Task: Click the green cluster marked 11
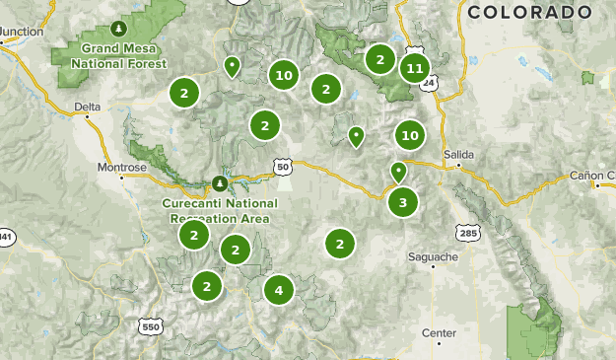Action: click(414, 68)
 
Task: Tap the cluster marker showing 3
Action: click(402, 203)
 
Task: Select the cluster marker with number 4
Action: click(279, 290)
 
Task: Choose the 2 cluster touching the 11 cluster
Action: click(379, 60)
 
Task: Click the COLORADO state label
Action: click(530, 12)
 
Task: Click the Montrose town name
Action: click(121, 168)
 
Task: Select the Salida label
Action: click(458, 155)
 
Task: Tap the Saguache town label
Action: click(433, 257)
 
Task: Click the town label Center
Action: click(439, 333)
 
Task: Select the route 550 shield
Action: click(150, 326)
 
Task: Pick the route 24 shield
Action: click(428, 84)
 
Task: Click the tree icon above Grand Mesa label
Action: click(119, 27)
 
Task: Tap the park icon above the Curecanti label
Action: click(220, 183)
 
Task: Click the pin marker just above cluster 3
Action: click(398, 172)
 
